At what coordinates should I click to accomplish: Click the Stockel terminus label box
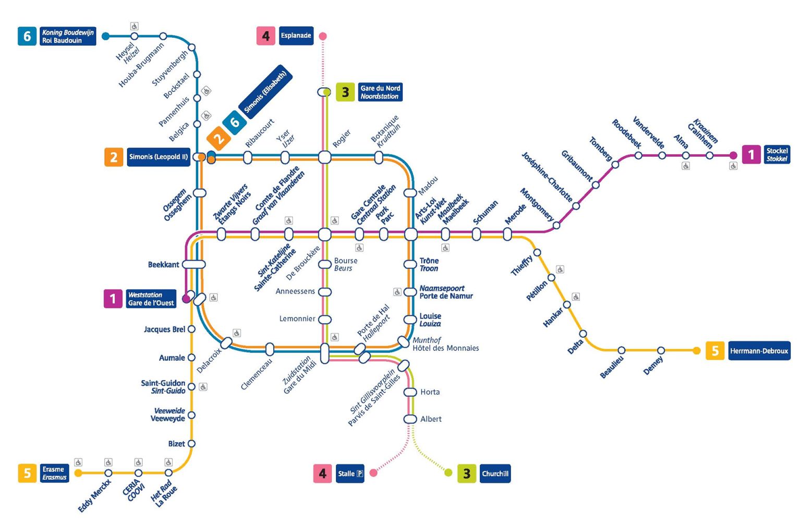pyautogui.click(x=776, y=155)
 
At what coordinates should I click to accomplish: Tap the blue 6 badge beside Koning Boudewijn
pyautogui.click(x=27, y=36)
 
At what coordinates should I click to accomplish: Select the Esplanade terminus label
pyautogui.click(x=296, y=36)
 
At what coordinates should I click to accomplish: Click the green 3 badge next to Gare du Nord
pyautogui.click(x=345, y=92)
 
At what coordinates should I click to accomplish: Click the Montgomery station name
pyautogui.click(x=537, y=204)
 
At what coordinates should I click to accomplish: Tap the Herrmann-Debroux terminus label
pyautogui.click(x=759, y=351)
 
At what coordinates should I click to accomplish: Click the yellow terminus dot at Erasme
pyautogui.click(x=78, y=473)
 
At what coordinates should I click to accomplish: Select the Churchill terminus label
pyautogui.click(x=495, y=474)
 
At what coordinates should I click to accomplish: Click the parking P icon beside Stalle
pyautogui.click(x=359, y=474)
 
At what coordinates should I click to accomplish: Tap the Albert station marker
pyautogui.click(x=410, y=419)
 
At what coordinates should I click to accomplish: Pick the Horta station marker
pyautogui.click(x=410, y=392)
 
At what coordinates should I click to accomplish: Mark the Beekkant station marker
pyautogui.click(x=194, y=264)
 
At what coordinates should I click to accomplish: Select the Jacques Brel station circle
pyautogui.click(x=191, y=329)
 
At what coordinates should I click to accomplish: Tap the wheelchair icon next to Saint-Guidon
pyautogui.click(x=203, y=387)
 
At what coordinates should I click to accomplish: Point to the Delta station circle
pyautogui.click(x=583, y=334)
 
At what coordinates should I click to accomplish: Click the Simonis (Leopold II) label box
pyautogui.click(x=158, y=157)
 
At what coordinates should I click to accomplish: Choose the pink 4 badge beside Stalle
pyautogui.click(x=322, y=474)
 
